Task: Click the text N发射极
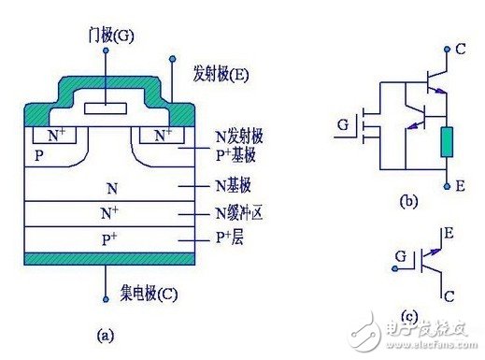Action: point(244,137)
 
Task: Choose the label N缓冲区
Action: point(244,211)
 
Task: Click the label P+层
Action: point(234,237)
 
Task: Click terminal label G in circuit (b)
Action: point(343,123)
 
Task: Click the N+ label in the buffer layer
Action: point(108,212)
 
